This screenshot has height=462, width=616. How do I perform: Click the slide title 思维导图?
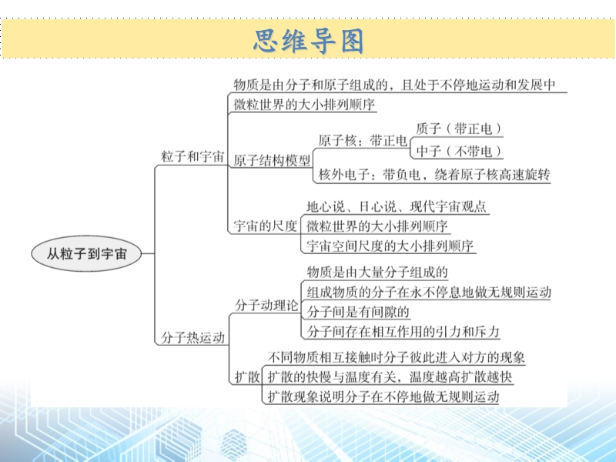click(309, 41)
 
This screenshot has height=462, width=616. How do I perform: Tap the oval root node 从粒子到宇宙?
click(86, 253)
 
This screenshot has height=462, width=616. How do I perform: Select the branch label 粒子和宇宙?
click(192, 156)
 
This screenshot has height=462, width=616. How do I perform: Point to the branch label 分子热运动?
click(192, 337)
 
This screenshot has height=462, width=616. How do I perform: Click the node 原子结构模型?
click(272, 160)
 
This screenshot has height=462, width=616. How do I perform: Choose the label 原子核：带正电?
click(362, 140)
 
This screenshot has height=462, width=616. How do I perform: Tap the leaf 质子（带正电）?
click(458, 129)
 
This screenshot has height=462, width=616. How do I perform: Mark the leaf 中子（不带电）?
click(458, 151)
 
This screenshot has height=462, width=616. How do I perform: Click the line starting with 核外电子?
click(434, 175)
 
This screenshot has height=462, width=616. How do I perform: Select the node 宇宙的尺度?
click(265, 226)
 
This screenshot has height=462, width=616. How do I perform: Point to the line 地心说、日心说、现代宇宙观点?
click(397, 206)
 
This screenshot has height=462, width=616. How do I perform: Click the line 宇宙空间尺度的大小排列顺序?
click(390, 246)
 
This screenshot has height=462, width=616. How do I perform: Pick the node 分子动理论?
click(266, 305)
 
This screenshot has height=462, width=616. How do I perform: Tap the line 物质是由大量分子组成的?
click(377, 272)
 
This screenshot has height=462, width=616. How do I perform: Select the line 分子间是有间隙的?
click(358, 312)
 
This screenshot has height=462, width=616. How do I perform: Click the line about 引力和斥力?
click(403, 332)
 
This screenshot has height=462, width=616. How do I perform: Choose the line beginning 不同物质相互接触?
click(397, 357)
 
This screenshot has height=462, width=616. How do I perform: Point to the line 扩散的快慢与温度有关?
click(390, 377)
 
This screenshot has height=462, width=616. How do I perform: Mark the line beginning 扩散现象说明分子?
click(383, 397)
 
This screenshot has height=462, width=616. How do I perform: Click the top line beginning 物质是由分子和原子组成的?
click(395, 85)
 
